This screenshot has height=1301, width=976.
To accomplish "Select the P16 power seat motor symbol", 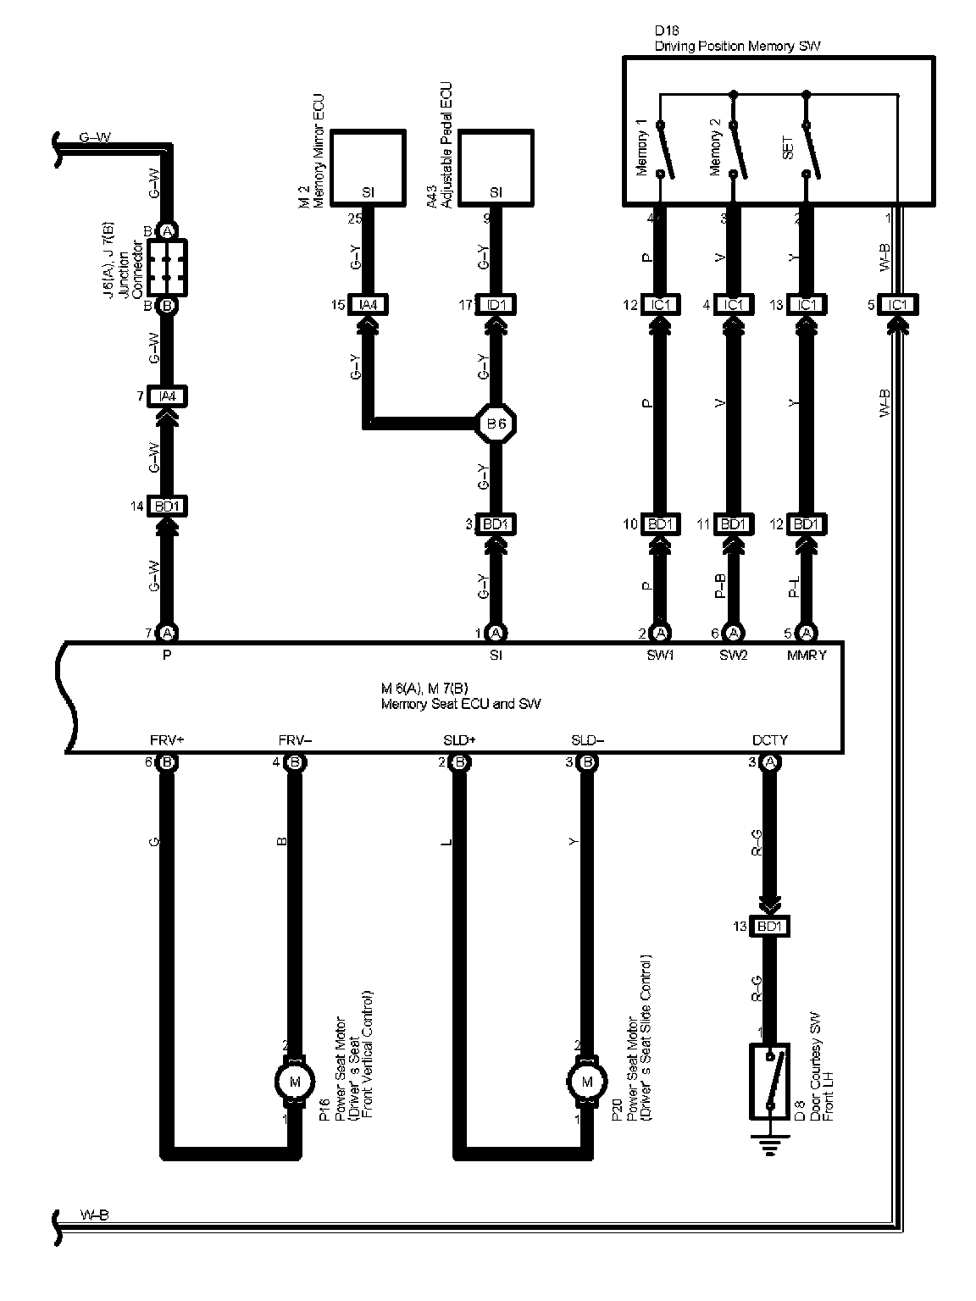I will (294, 1081).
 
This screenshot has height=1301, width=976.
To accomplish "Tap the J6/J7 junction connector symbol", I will (167, 267).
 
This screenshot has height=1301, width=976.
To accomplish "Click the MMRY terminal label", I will (806, 654).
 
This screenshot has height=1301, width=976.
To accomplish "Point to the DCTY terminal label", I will (769, 739).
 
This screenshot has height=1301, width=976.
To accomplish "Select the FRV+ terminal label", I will (166, 739).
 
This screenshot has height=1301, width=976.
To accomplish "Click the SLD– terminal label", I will (587, 739).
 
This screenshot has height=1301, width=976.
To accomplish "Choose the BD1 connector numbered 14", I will (167, 507).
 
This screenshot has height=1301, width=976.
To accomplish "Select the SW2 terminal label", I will (734, 654).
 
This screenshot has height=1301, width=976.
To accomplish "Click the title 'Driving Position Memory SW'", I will (737, 47).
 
